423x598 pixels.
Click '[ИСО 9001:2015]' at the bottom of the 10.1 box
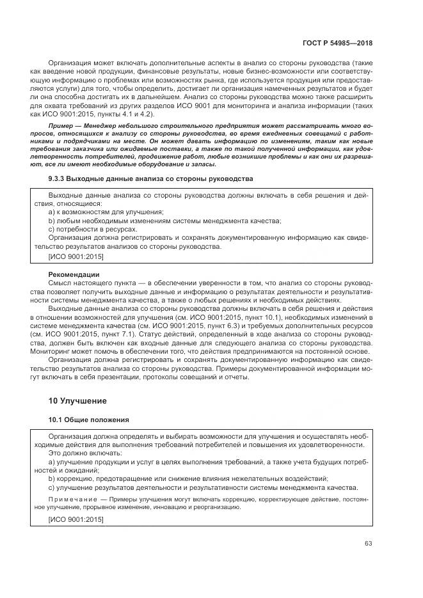point(76,519)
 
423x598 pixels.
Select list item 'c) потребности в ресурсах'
point(93,228)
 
